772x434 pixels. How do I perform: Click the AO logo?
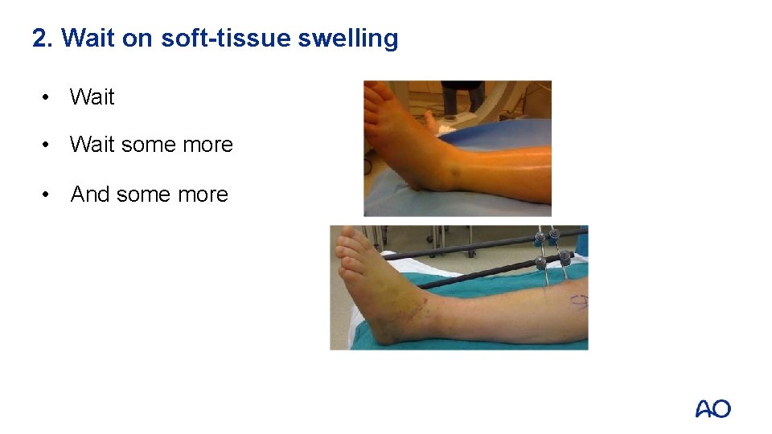pos(712,408)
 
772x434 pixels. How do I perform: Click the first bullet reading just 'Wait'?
pos(92,97)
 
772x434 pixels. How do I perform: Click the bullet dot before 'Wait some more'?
pos(51,145)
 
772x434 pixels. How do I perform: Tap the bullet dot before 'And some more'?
pos(51,194)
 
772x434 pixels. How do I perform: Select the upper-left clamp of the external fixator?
pos(538,237)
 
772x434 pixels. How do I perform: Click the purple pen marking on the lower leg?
pos(578,302)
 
